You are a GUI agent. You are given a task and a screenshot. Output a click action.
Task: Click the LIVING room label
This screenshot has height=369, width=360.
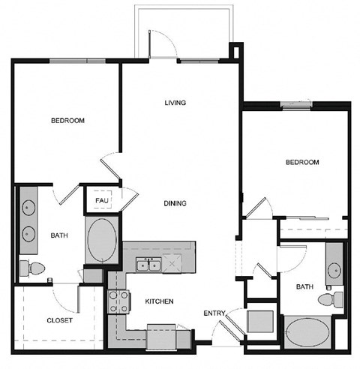(x=175, y=103)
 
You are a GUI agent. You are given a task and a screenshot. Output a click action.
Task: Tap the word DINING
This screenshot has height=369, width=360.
(x=175, y=203)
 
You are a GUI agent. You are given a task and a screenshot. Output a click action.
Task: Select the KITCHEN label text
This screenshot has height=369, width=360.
(x=159, y=301)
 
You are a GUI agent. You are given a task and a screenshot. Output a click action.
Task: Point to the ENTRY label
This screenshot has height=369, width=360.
(x=214, y=313)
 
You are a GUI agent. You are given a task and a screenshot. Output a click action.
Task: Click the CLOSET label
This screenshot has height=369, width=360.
(x=59, y=320)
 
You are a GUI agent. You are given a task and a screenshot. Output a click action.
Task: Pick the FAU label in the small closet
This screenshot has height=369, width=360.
(x=100, y=201)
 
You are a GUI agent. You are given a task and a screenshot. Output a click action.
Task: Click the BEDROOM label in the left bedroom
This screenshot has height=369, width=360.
(x=67, y=121)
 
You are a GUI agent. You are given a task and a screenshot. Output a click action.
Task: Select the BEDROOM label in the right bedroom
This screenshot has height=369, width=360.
(x=302, y=163)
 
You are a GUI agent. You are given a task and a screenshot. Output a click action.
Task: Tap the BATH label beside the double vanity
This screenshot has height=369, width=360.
(x=59, y=235)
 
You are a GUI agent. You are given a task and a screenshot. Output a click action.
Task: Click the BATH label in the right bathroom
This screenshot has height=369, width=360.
(x=304, y=286)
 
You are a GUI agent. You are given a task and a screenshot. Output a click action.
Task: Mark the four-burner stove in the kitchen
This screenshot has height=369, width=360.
(x=118, y=301)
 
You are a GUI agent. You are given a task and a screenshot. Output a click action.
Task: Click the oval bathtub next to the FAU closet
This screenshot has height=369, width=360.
(x=101, y=240)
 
